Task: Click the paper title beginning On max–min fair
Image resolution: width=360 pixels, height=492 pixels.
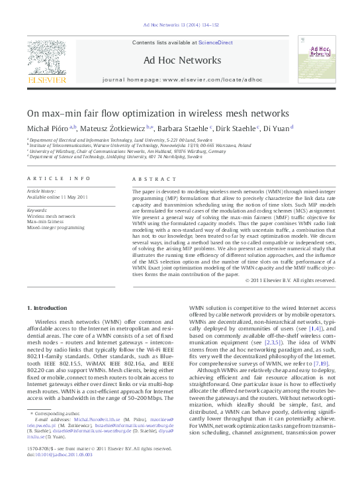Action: coord(158,113)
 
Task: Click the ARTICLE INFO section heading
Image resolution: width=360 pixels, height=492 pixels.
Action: coord(59,179)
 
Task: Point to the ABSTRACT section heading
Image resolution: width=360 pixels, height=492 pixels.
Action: coord(148,179)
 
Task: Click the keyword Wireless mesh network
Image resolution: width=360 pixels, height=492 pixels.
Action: coord(52,216)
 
